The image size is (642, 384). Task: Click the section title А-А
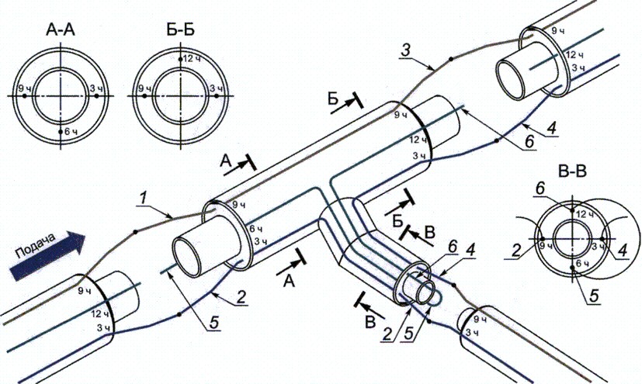pyautogui.click(x=61, y=29)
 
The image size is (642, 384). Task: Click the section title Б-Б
pyautogui.click(x=180, y=29)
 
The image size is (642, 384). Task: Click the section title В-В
pyautogui.click(x=572, y=171)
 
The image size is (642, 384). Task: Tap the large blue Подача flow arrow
pyautogui.click(x=47, y=255)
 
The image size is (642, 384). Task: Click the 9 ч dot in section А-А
pyautogui.click(x=25, y=95)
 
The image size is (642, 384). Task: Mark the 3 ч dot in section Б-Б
pyautogui.click(x=217, y=95)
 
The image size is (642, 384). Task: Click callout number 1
pyautogui.click(x=143, y=199)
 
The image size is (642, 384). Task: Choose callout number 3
pyautogui.click(x=404, y=51)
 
